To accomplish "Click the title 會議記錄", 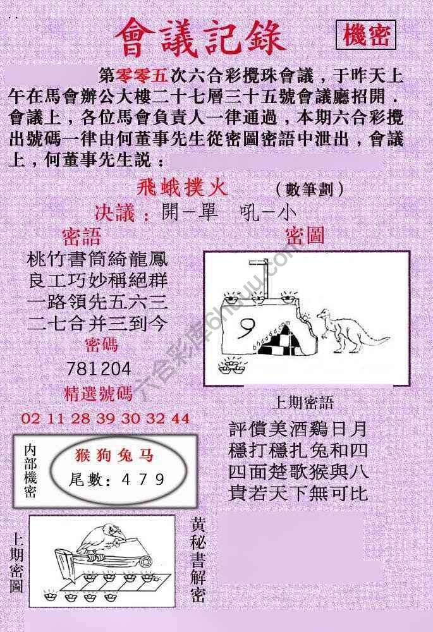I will tap(200, 36).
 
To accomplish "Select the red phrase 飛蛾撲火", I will tap(182, 188).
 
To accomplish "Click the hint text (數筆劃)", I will tap(310, 189).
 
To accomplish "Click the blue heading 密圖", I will tap(305, 236).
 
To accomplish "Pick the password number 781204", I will tap(99, 368).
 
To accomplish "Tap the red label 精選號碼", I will tap(99, 394).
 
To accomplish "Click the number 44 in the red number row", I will tap(180, 418).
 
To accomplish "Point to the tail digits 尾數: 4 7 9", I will tap(118, 479).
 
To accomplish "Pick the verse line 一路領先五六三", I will tap(98, 302).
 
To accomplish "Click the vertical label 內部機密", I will tap(30, 470).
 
